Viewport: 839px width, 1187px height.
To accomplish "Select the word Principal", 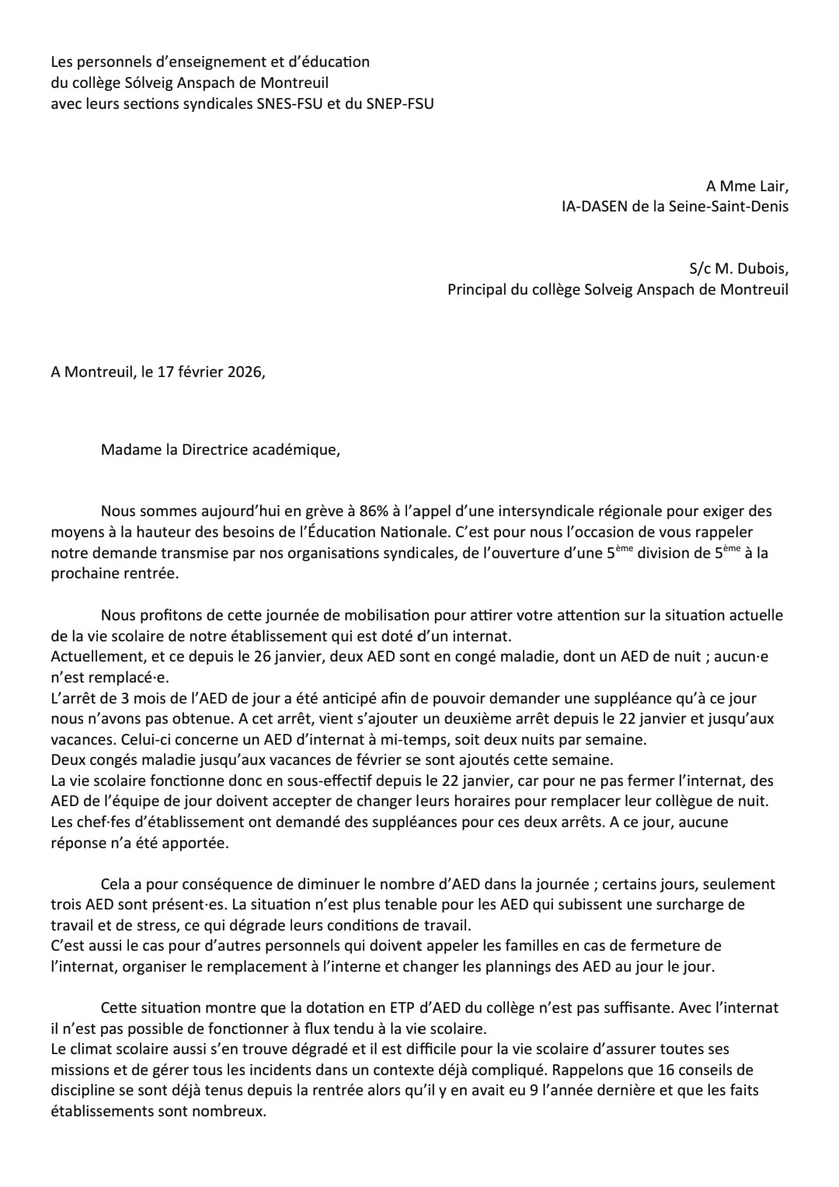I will coord(476,289).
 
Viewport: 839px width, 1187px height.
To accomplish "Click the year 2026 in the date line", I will coord(245,372).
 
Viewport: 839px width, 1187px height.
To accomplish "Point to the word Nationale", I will coord(404,532).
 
